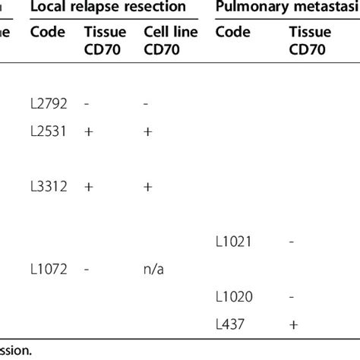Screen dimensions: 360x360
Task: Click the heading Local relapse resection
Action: [107, 8]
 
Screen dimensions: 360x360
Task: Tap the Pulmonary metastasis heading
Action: [287, 8]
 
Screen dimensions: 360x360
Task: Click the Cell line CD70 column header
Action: [165, 43]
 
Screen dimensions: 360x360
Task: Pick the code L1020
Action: [234, 296]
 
